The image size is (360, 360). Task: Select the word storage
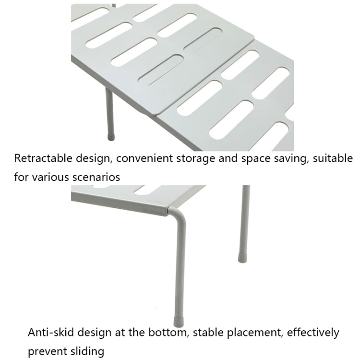(197, 159)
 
